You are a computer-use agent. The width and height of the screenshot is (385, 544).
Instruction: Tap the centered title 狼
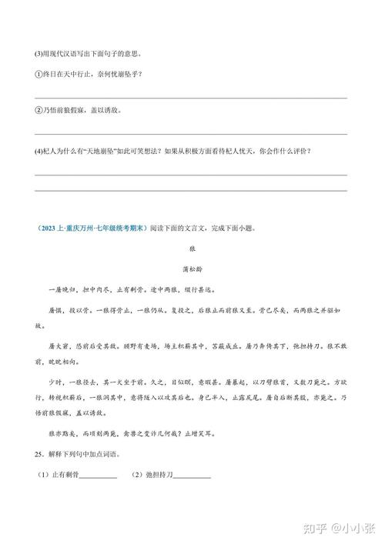point(192,249)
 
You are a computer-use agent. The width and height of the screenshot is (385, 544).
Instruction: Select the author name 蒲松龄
point(192,269)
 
